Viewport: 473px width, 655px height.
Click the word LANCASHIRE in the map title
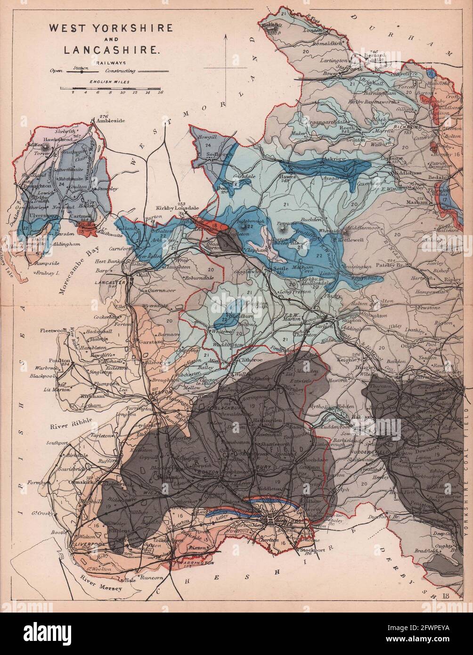coord(111,49)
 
